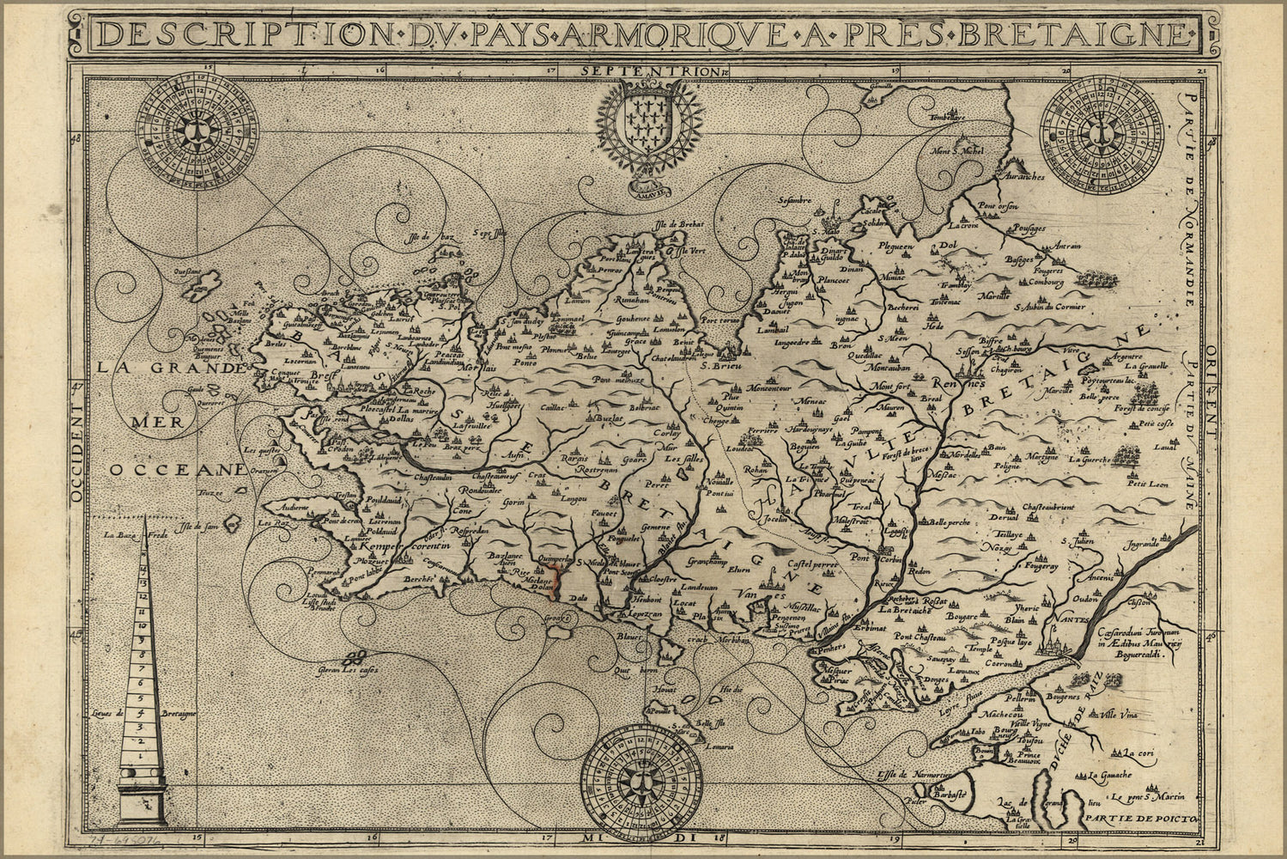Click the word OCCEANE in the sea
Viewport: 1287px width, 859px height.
click(x=176, y=470)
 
